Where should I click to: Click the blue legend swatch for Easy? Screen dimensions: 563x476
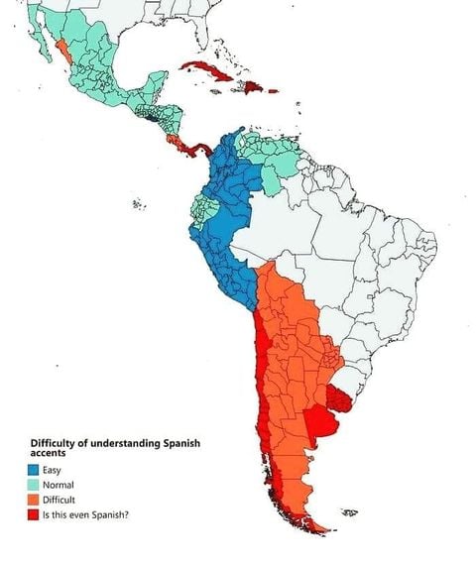tap(34, 469)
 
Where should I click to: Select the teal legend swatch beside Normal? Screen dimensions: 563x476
tap(34, 485)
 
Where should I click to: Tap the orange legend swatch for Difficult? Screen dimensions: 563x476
tap(34, 500)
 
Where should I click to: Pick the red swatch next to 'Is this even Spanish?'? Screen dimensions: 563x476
tap(34, 514)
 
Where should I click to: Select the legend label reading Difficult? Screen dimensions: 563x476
tap(63, 500)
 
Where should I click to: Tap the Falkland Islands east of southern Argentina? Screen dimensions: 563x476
tap(348, 512)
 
